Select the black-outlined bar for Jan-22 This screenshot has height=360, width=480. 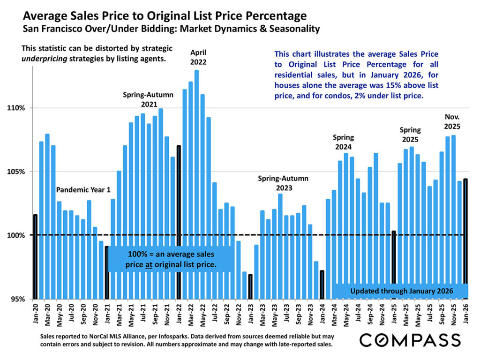(x=179, y=220)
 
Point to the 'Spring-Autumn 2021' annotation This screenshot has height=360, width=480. (x=148, y=99)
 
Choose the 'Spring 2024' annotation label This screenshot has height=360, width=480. (x=344, y=142)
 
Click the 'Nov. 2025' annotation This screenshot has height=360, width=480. (x=453, y=121)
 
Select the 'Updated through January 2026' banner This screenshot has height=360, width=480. (x=402, y=291)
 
